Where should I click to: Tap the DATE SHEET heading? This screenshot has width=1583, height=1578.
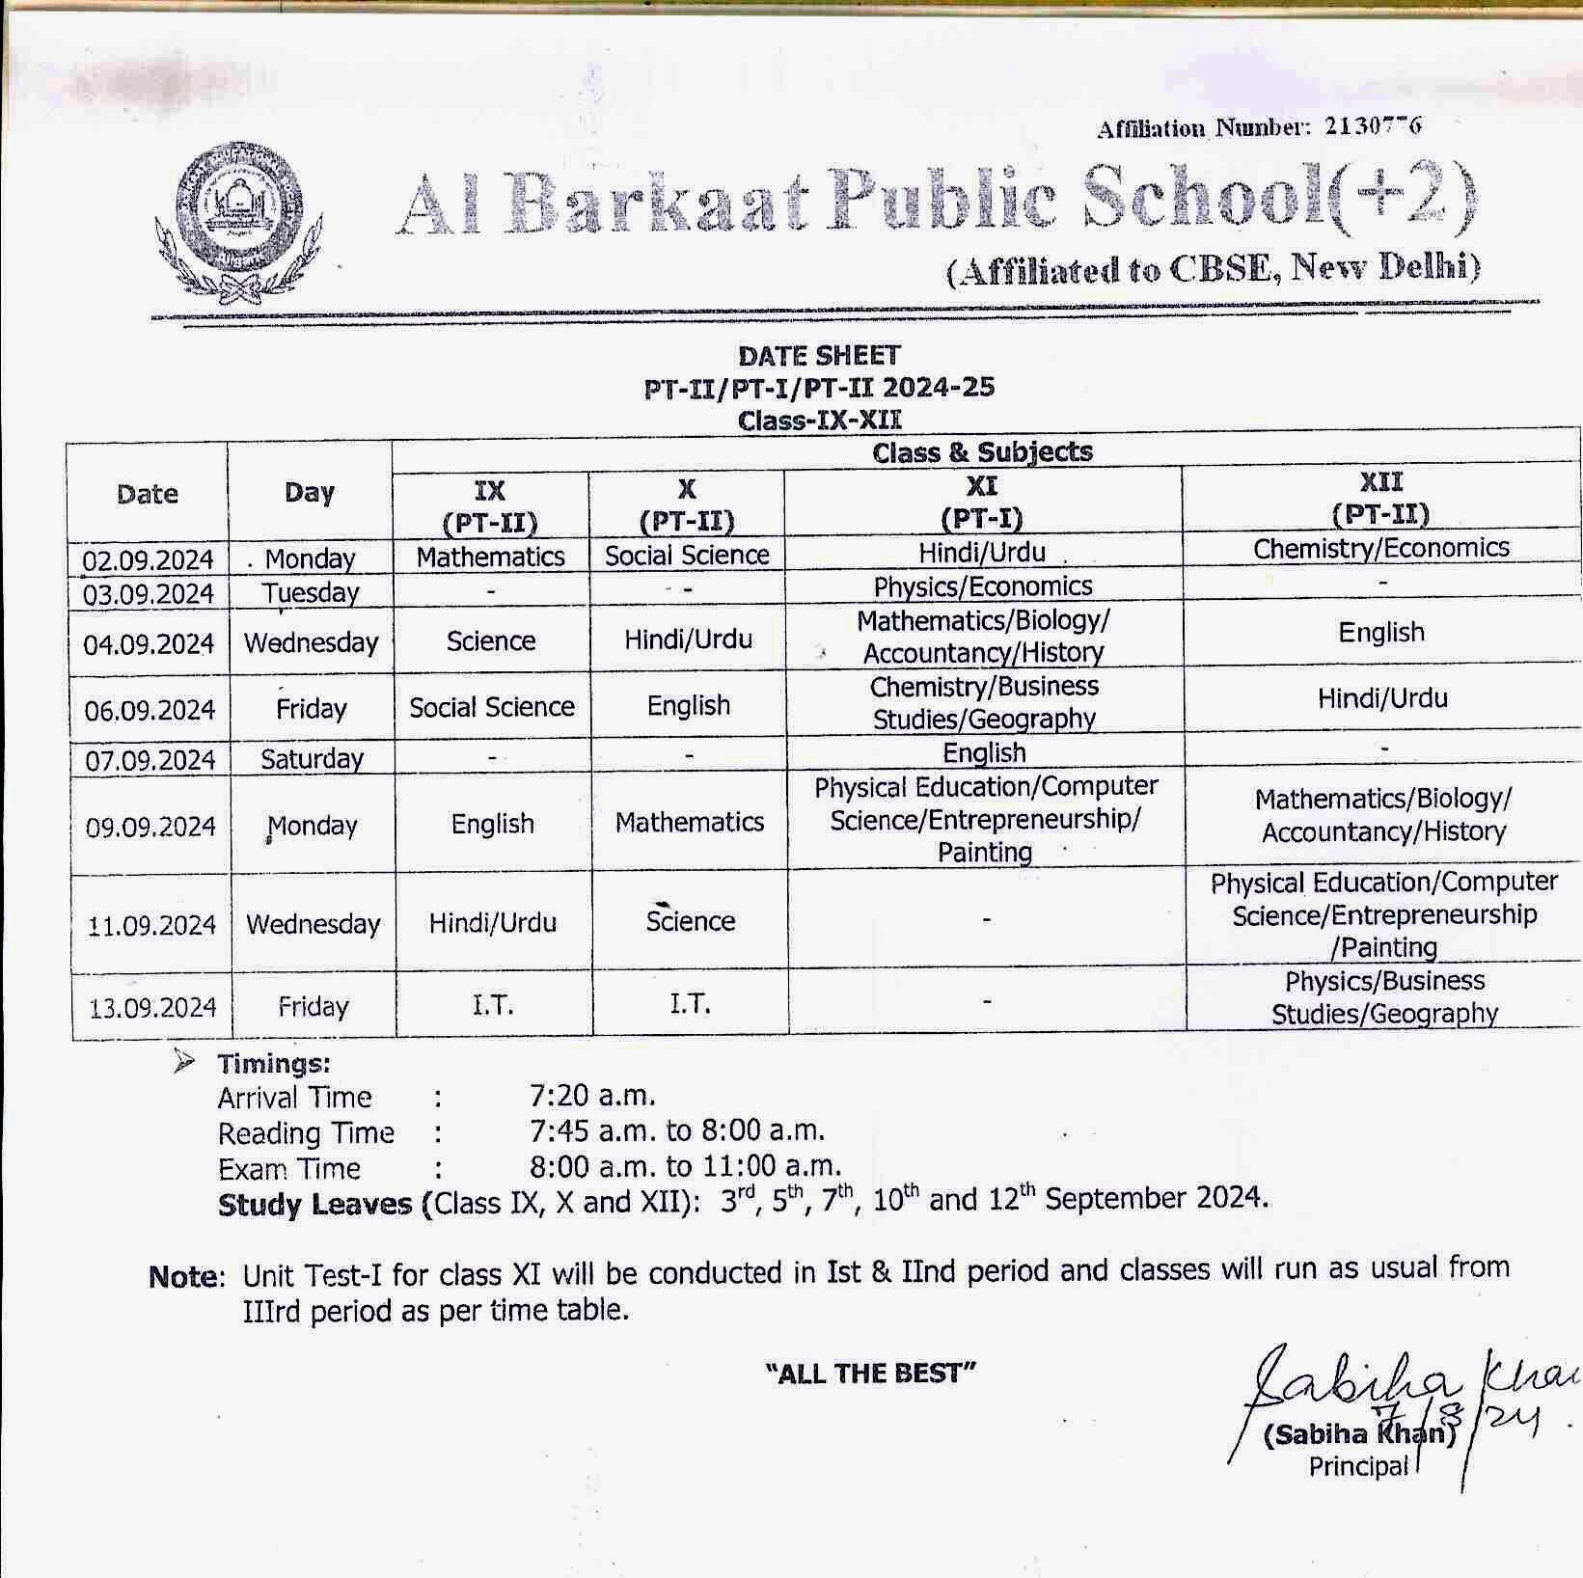(819, 356)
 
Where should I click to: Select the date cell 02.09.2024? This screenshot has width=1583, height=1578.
(148, 560)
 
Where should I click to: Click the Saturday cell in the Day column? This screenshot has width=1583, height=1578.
(312, 759)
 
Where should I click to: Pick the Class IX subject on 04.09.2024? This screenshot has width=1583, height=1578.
(491, 641)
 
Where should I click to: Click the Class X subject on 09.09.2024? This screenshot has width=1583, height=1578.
(690, 823)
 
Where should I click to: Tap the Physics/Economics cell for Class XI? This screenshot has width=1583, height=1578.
(983, 586)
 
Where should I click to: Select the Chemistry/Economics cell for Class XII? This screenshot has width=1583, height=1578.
(1381, 548)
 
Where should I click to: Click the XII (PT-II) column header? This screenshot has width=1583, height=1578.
(1380, 498)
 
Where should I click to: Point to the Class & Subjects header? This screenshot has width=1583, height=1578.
(982, 451)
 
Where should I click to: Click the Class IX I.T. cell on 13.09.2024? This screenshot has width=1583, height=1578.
(493, 1006)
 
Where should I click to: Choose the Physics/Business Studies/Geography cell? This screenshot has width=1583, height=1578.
(1384, 997)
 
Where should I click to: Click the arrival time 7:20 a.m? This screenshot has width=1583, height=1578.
(592, 1096)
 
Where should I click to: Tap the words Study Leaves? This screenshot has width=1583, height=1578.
(314, 1205)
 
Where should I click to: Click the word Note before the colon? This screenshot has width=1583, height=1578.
(185, 1277)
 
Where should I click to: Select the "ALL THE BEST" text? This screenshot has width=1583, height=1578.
(870, 1373)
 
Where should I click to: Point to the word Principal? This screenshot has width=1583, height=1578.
(1358, 1466)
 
